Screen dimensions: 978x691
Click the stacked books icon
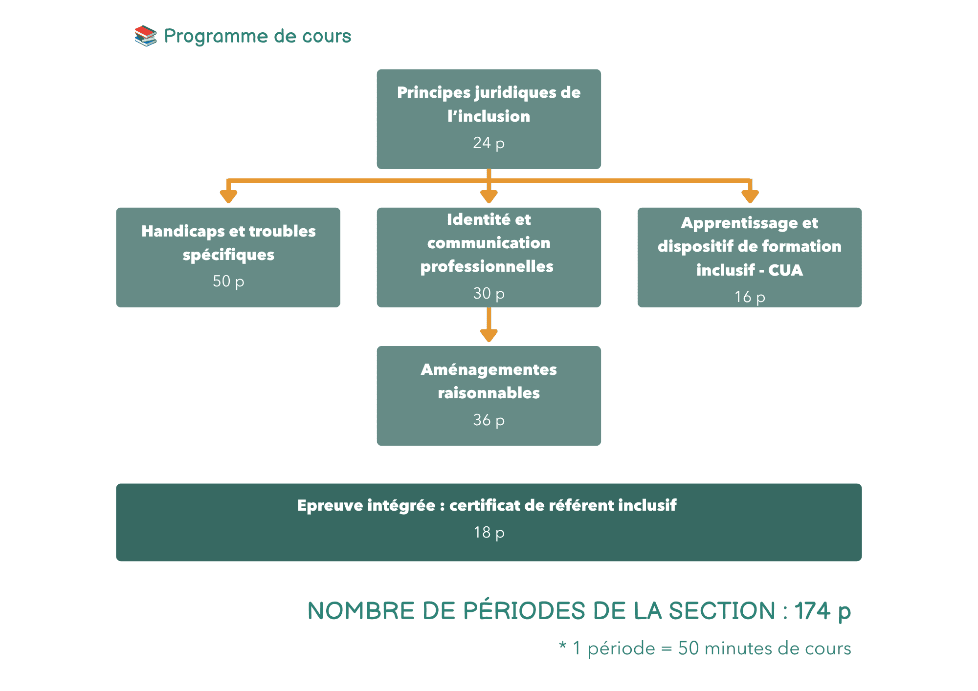coord(145,36)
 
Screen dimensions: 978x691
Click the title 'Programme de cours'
coord(257,36)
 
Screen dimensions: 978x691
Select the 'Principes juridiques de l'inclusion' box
coord(489,119)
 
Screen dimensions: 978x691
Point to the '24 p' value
coord(489,143)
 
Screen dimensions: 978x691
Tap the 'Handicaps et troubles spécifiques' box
coord(228,258)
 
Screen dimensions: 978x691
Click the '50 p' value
coord(228,281)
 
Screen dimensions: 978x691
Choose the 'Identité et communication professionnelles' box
coord(489,258)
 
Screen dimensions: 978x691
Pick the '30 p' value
coord(489,293)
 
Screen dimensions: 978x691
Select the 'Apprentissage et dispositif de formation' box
coord(750,258)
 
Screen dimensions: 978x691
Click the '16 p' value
coord(750,297)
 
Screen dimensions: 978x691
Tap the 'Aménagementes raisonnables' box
coord(489,396)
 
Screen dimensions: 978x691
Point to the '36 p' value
coord(489,420)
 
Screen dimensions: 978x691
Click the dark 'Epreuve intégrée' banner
coord(489,522)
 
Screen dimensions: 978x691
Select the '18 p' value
coord(489,532)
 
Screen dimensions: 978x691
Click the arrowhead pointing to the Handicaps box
coord(228,196)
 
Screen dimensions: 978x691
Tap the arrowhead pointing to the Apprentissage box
coord(750,196)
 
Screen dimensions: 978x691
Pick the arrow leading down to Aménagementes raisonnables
coord(489,325)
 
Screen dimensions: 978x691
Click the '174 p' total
coord(822,611)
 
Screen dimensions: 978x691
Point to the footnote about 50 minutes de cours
coord(705,648)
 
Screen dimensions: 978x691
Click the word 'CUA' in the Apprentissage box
coord(785,270)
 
